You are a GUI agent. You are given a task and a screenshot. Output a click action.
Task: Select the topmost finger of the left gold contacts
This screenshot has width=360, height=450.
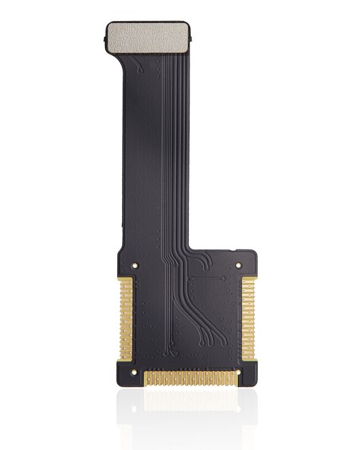[x=125, y=280]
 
